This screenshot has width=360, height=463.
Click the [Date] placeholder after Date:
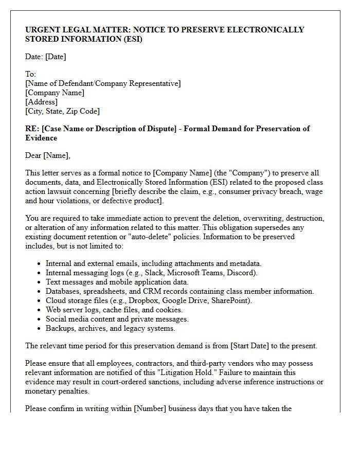tap(56, 57)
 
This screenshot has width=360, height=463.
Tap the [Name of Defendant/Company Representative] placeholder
tap(103, 83)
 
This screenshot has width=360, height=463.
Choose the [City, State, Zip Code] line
tap(62, 111)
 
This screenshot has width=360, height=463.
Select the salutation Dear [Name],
tap(48, 155)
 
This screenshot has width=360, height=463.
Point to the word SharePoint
tap(231, 300)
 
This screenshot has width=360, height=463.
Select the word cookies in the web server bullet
tap(168, 310)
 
